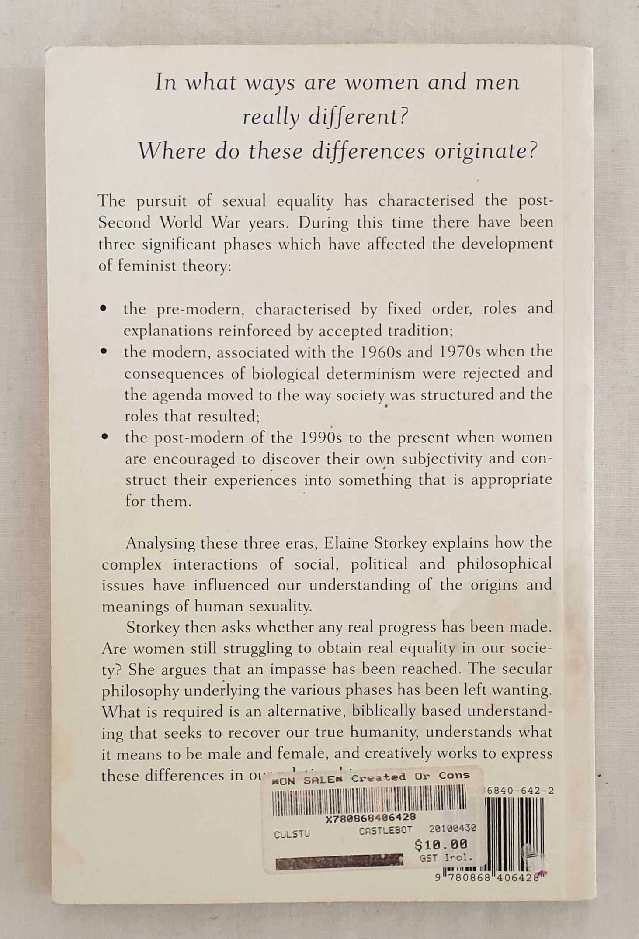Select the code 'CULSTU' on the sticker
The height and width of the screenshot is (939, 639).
point(292,833)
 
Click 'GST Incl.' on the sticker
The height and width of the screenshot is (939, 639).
point(446,858)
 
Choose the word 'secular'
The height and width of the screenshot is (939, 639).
point(525,669)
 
